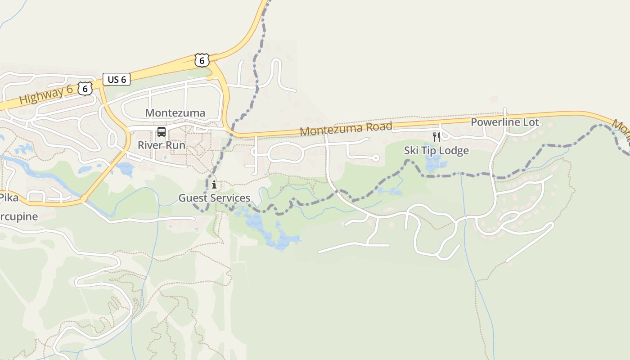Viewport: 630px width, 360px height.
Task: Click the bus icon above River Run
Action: pos(161,132)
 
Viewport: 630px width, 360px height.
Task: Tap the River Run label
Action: pos(161,145)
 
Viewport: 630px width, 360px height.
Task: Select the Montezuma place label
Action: pos(175,113)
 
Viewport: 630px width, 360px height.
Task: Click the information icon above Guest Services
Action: pos(214,184)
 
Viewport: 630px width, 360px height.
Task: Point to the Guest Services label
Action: pos(214,198)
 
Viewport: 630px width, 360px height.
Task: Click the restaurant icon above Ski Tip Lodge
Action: pos(436,137)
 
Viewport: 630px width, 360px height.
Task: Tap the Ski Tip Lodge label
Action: pos(436,150)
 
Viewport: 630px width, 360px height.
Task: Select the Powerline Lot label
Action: pos(504,122)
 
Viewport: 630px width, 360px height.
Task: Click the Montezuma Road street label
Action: pos(346,128)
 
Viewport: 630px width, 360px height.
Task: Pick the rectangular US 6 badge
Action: pos(117,80)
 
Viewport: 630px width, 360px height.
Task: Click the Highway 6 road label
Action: pos(46,95)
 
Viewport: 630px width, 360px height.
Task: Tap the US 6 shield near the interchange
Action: pos(202,60)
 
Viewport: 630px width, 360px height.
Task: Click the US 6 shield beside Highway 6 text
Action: pos(85,88)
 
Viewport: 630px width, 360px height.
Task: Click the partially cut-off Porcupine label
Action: pos(19,216)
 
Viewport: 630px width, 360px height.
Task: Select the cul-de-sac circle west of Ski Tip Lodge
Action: pos(375,157)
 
